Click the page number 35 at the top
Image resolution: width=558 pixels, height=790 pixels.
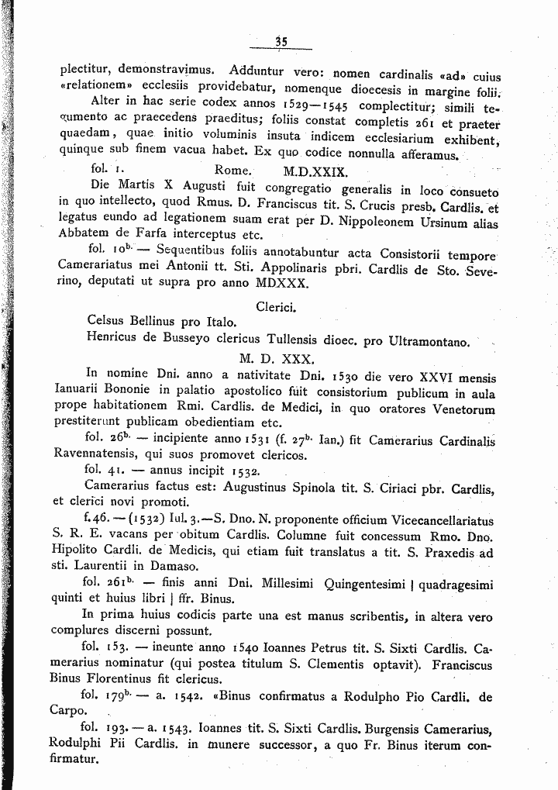pos(281,42)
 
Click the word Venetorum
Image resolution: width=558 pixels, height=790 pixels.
pos(466,409)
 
